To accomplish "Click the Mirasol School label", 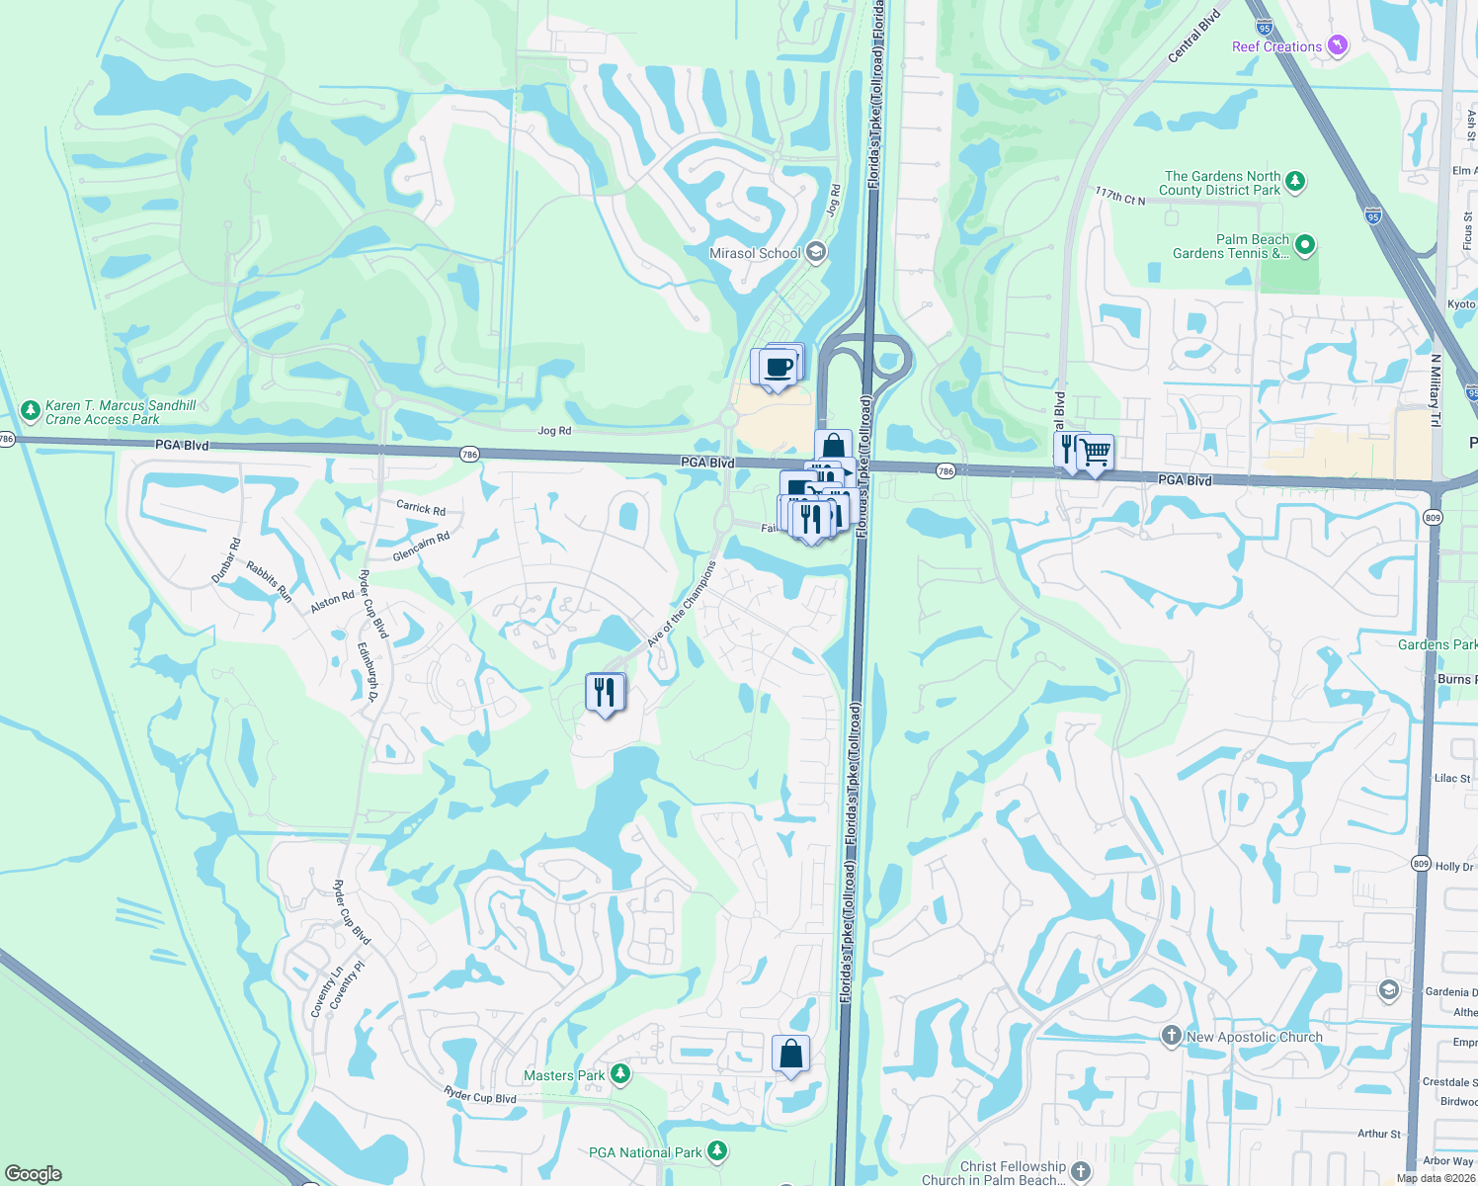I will click(755, 253).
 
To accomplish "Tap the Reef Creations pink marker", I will click(1337, 45).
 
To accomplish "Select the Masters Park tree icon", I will click(620, 1073).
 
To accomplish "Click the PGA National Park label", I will click(645, 1152).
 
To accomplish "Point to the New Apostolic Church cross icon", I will click(1171, 1036).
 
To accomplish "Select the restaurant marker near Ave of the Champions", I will click(605, 692).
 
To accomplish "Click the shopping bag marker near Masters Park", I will click(790, 1054).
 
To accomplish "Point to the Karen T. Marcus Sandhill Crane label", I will click(121, 412).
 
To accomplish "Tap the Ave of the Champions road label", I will click(681, 605).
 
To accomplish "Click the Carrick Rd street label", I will click(421, 508).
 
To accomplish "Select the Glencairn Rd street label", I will click(421, 547).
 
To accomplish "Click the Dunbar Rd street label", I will click(226, 560).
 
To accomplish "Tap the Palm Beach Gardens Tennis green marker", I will click(1305, 244).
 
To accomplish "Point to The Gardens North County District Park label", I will click(1221, 183).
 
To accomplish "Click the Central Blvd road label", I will click(1194, 37).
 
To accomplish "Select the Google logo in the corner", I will click(34, 1173).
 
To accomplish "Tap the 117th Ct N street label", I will click(1119, 196).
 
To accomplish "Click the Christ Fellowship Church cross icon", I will click(1081, 1172).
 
